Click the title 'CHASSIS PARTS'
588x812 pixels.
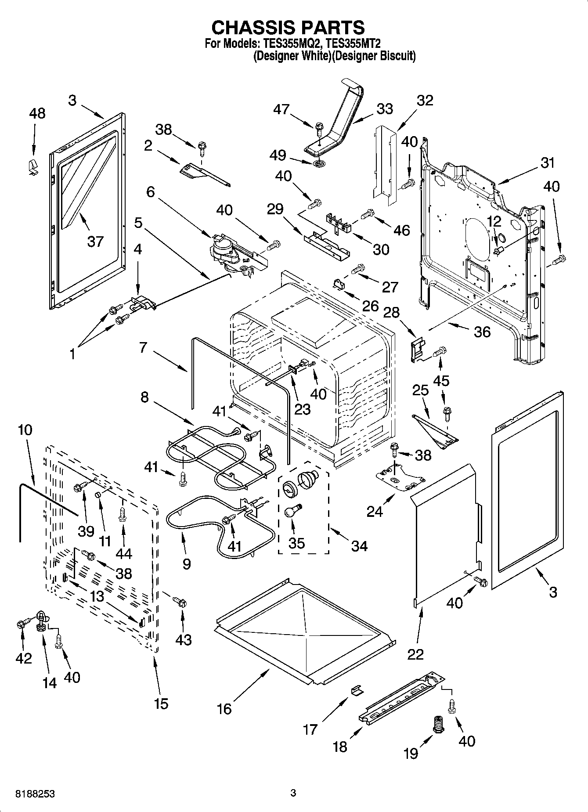click(288, 27)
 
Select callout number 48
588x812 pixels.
click(37, 113)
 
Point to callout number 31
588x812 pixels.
click(547, 162)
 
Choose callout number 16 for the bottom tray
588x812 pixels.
click(224, 709)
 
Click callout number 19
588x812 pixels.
click(411, 753)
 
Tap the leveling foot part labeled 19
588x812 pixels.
click(437, 723)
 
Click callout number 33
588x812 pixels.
click(385, 109)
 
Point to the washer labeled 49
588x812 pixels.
click(319, 164)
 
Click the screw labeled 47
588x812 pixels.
click(319, 130)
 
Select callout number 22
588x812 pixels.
click(415, 654)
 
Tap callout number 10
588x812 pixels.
click(25, 429)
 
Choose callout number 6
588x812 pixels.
click(151, 192)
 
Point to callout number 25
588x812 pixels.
click(421, 390)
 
